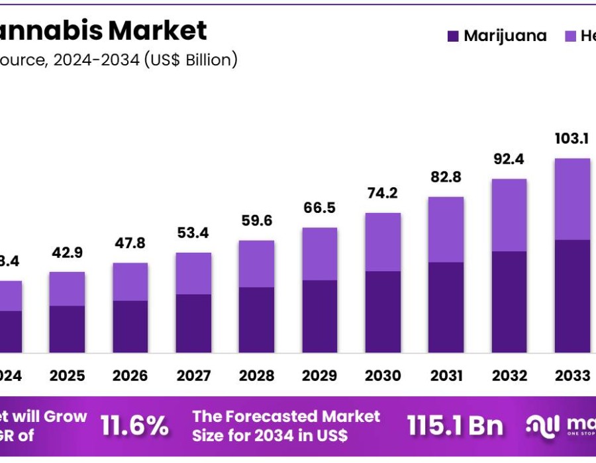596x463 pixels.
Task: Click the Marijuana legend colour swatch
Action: (453, 36)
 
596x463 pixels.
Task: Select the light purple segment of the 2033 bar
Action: (572, 198)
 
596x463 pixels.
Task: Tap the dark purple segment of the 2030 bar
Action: (383, 312)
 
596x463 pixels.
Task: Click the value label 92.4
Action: (509, 159)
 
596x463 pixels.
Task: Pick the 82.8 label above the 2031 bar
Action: (446, 177)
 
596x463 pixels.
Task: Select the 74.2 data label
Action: (383, 193)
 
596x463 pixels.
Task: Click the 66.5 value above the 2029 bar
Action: (319, 208)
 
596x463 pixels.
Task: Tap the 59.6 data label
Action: (256, 221)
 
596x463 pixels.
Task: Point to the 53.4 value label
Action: (193, 233)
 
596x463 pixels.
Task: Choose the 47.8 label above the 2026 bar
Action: (130, 243)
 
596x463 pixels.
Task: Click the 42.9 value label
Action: (67, 253)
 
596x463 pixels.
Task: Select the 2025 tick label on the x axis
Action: (67, 376)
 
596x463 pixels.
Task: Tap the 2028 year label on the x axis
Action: (256, 376)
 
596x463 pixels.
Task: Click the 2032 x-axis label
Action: (509, 376)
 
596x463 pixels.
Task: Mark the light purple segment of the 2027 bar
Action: (193, 273)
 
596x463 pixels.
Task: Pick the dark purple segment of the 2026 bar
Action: (130, 327)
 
